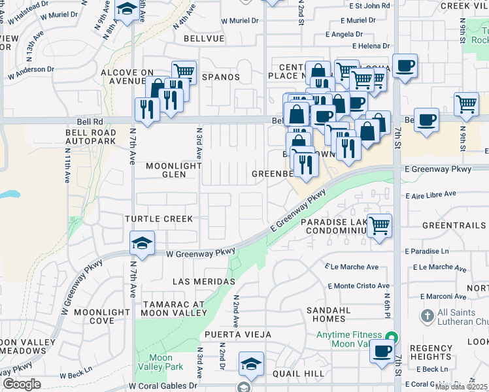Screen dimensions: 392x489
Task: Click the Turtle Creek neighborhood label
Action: coord(160,218)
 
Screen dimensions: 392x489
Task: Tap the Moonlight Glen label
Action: coord(173,171)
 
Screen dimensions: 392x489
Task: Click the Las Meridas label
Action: coord(203,281)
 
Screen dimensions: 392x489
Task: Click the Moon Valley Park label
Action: coord(161,362)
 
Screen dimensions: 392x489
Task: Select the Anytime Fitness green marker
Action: coord(391,338)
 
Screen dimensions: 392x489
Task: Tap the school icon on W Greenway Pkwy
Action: coord(143,243)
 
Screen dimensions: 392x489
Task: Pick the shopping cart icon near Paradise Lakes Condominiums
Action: coord(379,225)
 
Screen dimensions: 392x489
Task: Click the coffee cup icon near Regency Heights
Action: coord(382,351)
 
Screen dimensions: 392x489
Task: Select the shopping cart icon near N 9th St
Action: coord(466,103)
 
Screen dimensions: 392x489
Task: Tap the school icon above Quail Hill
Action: coord(250,363)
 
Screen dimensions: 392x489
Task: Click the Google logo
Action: coord(22,384)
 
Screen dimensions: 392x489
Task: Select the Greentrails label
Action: coord(454,225)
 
